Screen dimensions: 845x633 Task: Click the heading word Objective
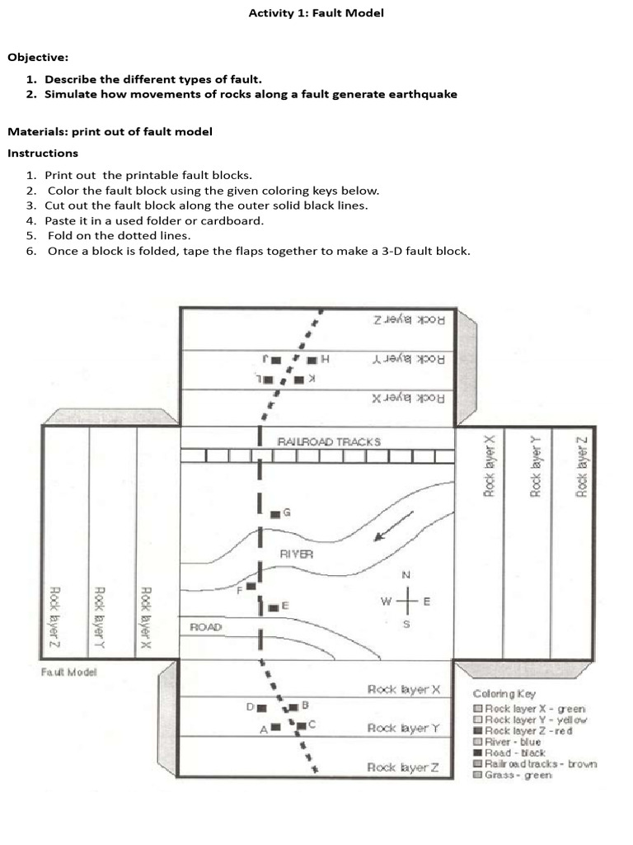pos(38,58)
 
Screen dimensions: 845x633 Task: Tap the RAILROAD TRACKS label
pos(329,441)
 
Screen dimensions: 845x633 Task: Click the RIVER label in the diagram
pos(296,555)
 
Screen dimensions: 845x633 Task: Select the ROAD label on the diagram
pos(206,627)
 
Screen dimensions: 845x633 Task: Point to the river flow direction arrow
pos(394,526)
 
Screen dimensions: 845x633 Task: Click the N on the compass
pos(406,574)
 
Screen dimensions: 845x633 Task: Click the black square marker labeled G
pos(275,514)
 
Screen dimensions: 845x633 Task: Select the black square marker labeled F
pos(251,587)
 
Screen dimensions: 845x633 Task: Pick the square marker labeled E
pos(273,607)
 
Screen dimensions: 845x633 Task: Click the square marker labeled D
pos(261,708)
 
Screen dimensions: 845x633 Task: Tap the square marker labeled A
pos(276,727)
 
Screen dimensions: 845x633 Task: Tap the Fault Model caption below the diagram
pos(68,672)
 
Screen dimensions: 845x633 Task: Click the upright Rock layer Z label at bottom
pos(402,768)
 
